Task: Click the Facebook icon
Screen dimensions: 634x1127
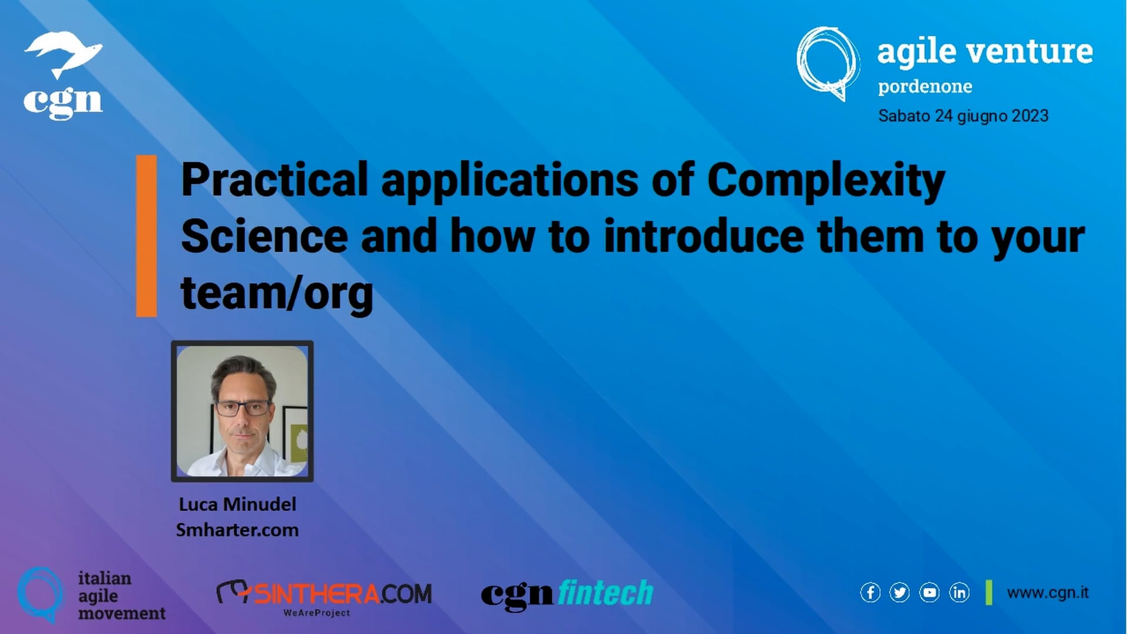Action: (870, 593)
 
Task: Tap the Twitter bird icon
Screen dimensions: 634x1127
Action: (899, 593)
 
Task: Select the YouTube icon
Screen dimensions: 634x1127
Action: (929, 593)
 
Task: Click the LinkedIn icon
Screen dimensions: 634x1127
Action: (959, 593)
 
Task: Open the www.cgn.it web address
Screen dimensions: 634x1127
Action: (1048, 593)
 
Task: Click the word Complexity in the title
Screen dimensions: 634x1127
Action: (826, 180)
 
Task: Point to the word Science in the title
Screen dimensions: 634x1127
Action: (264, 236)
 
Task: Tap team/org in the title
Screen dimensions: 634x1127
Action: (276, 293)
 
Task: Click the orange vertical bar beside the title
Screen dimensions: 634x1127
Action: (146, 236)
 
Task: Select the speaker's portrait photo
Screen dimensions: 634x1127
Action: (242, 411)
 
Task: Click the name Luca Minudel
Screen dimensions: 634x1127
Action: (237, 504)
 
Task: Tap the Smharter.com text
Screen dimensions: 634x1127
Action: (237, 530)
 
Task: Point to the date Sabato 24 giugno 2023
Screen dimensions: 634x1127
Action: (963, 116)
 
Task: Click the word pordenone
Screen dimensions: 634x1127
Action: (924, 87)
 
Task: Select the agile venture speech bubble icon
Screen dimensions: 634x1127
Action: (828, 63)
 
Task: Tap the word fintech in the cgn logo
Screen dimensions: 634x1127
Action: (605, 593)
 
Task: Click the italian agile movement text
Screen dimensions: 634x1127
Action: (122, 596)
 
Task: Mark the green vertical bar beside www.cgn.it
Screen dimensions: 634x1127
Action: (989, 593)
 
